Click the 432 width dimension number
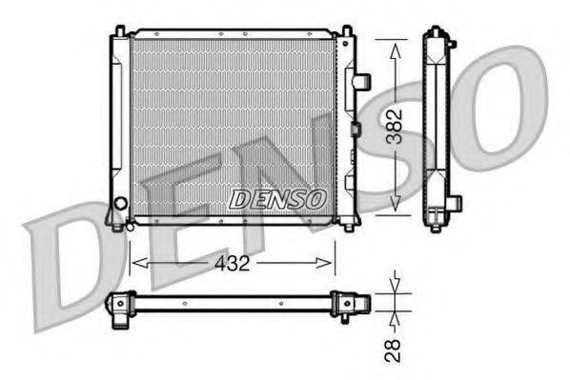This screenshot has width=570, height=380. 233,264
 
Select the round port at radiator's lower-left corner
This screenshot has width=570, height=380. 119,203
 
